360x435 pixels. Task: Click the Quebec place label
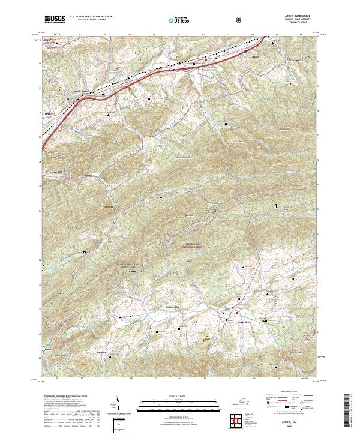[x=49, y=348]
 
